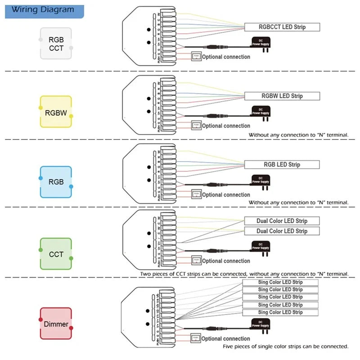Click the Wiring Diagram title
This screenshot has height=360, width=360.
[x=43, y=9]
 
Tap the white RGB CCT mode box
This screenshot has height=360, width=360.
[x=56, y=44]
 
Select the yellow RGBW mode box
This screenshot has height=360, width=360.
[x=56, y=112]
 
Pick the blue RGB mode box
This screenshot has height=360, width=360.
[x=56, y=182]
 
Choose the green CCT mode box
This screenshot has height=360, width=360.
[x=56, y=254]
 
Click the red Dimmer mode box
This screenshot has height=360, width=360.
[x=56, y=324]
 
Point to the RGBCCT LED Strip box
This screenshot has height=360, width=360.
[x=282, y=27]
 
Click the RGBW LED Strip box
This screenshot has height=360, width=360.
[x=282, y=96]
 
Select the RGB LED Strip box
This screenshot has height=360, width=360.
[x=282, y=165]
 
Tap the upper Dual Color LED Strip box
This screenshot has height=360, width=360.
[x=282, y=221]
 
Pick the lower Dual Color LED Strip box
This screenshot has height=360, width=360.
[x=282, y=231]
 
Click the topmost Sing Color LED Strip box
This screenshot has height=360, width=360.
[x=280, y=282]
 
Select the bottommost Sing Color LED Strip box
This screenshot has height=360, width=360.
[x=280, y=312]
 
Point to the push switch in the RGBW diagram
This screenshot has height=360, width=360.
[x=196, y=126]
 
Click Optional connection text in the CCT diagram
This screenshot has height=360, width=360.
[x=225, y=261]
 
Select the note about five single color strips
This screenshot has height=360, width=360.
[x=285, y=346]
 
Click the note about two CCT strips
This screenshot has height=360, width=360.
[x=244, y=274]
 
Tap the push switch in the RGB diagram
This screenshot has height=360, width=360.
[x=196, y=194]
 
